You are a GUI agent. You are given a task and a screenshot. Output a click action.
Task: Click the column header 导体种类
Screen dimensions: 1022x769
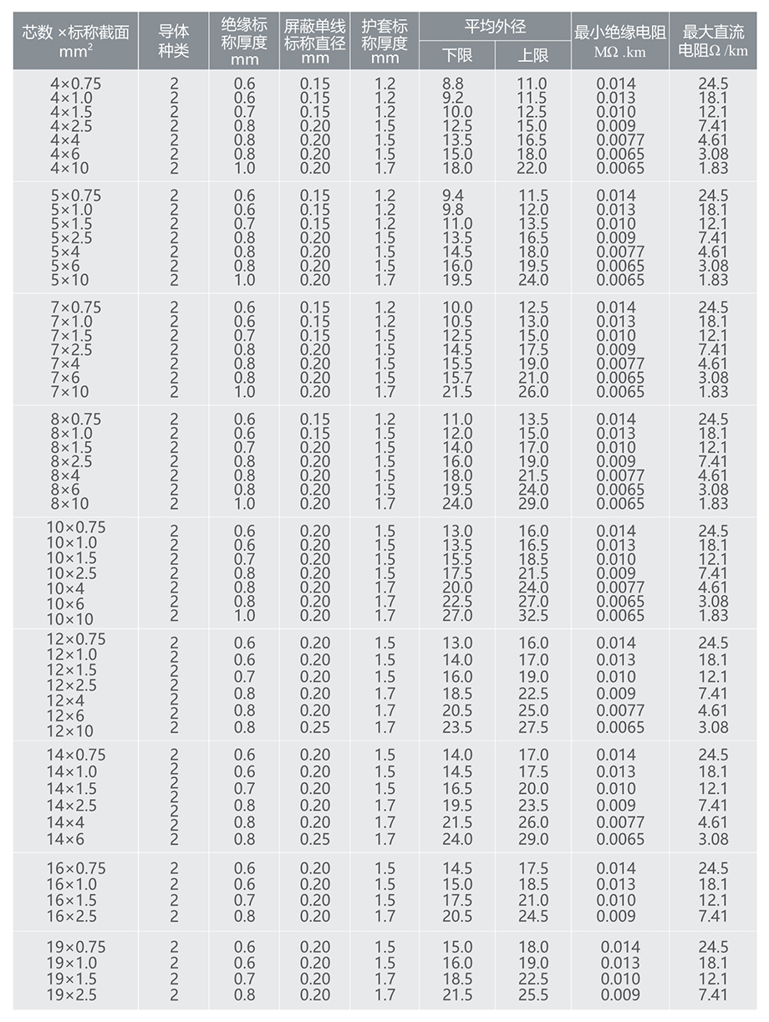coord(174,40)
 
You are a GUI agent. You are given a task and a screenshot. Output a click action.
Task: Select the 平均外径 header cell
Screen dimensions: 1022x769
coord(495,26)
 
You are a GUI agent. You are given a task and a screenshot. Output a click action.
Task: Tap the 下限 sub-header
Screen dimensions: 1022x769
coord(457,55)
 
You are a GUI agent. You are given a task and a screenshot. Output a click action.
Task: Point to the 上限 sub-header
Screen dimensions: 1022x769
coord(533,55)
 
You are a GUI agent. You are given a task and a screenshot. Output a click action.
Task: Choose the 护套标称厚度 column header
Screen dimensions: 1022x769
coord(384,40)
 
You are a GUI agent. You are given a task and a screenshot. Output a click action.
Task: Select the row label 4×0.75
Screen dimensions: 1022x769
coord(75,84)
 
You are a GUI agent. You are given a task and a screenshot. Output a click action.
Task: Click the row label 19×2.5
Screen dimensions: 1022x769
coord(71,994)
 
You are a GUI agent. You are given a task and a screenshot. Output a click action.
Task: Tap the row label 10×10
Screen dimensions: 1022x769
coord(69,619)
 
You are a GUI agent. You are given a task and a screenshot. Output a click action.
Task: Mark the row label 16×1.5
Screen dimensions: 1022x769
coord(71,900)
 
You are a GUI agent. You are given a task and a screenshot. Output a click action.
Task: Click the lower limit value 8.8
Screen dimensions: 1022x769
coord(452,84)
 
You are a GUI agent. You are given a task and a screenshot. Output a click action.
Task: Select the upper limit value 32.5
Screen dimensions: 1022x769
coord(533,616)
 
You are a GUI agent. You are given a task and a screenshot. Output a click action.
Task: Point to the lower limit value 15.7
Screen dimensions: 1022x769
coord(457,378)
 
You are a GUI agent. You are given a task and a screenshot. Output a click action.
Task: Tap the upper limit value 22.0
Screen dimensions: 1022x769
coord(533,168)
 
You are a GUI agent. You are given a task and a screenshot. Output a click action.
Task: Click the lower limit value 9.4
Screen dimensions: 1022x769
coord(452,196)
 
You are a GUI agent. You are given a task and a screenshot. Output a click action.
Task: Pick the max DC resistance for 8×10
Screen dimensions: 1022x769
coord(713,504)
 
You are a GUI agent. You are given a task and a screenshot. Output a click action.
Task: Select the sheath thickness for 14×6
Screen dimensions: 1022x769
coord(384,839)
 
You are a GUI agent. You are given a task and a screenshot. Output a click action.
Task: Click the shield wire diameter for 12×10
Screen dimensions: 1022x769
coord(315,727)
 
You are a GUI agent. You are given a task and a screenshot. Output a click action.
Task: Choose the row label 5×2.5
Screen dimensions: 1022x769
coord(71,237)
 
